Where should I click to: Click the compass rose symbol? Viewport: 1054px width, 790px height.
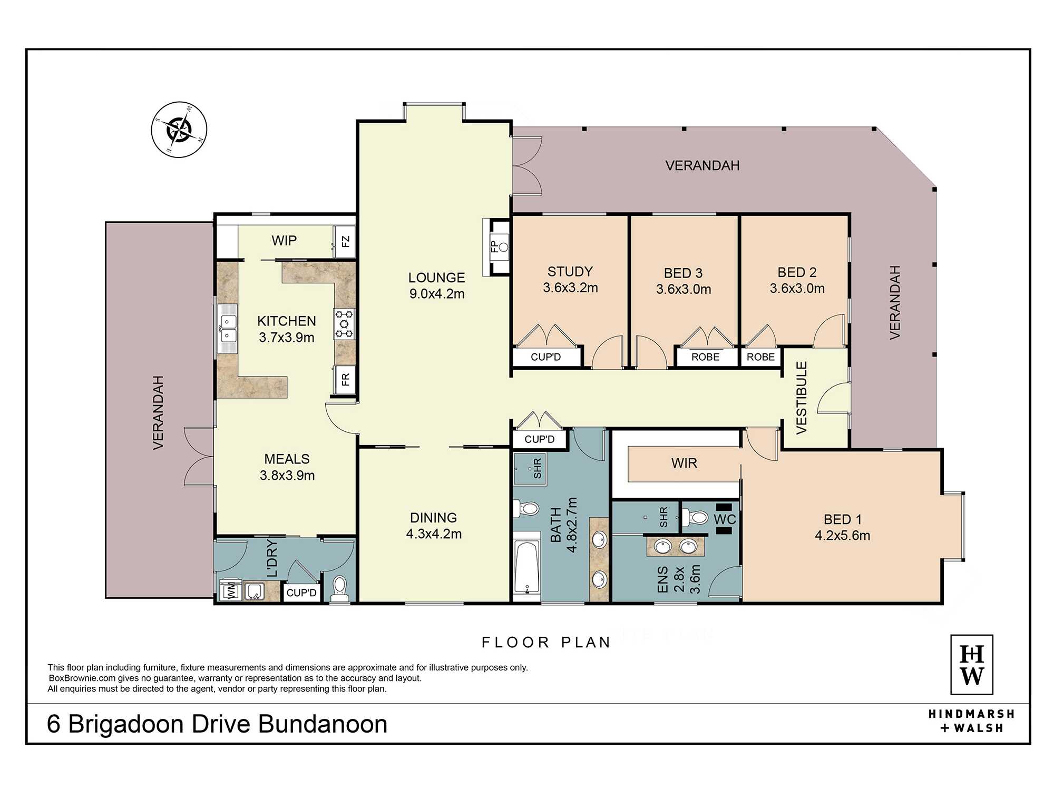(179, 130)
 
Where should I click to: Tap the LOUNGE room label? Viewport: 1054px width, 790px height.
(436, 278)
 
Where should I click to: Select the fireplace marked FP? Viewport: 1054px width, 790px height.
(496, 247)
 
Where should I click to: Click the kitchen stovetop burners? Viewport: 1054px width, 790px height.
(344, 324)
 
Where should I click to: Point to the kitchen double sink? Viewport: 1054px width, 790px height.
(228, 329)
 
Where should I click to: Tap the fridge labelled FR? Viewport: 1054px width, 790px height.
(345, 379)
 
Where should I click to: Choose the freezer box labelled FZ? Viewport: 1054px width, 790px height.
(345, 242)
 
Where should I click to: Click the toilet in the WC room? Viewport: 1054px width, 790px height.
(695, 518)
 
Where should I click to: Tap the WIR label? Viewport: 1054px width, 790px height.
(684, 463)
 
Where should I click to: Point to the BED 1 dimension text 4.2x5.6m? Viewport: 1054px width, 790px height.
(842, 536)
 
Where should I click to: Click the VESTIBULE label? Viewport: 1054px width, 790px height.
(802, 398)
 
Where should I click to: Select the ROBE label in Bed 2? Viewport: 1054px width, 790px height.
(760, 357)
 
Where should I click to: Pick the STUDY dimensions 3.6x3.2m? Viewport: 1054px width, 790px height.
(570, 288)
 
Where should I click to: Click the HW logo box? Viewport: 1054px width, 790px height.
(972, 665)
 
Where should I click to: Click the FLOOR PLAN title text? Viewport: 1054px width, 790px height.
(546, 643)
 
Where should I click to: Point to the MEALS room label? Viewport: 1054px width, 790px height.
(287, 459)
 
